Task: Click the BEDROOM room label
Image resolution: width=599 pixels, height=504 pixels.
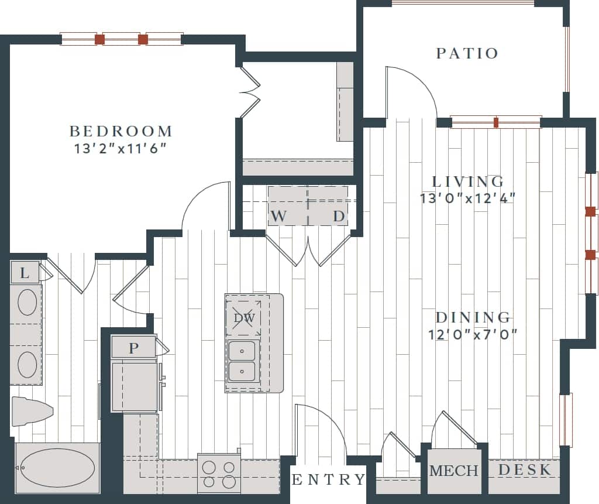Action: (121, 131)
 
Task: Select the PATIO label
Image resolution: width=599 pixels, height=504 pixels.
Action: (467, 53)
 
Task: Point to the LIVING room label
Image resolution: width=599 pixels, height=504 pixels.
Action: (467, 181)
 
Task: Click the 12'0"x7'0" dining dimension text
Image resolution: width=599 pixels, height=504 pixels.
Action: (473, 334)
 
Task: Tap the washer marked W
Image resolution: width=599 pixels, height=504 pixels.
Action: (279, 216)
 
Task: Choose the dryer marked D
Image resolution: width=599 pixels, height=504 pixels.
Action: (339, 216)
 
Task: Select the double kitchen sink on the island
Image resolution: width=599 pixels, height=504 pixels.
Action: (242, 361)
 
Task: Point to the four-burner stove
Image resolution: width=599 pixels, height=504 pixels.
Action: (220, 474)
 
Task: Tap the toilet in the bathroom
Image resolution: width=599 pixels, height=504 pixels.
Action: (30, 412)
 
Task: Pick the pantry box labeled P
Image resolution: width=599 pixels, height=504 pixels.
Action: (134, 348)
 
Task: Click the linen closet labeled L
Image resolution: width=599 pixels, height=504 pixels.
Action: (25, 273)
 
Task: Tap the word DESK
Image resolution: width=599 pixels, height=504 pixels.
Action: (525, 469)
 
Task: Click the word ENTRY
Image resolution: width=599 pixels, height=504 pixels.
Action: (328, 480)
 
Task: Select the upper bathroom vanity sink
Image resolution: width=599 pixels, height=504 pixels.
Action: (27, 303)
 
